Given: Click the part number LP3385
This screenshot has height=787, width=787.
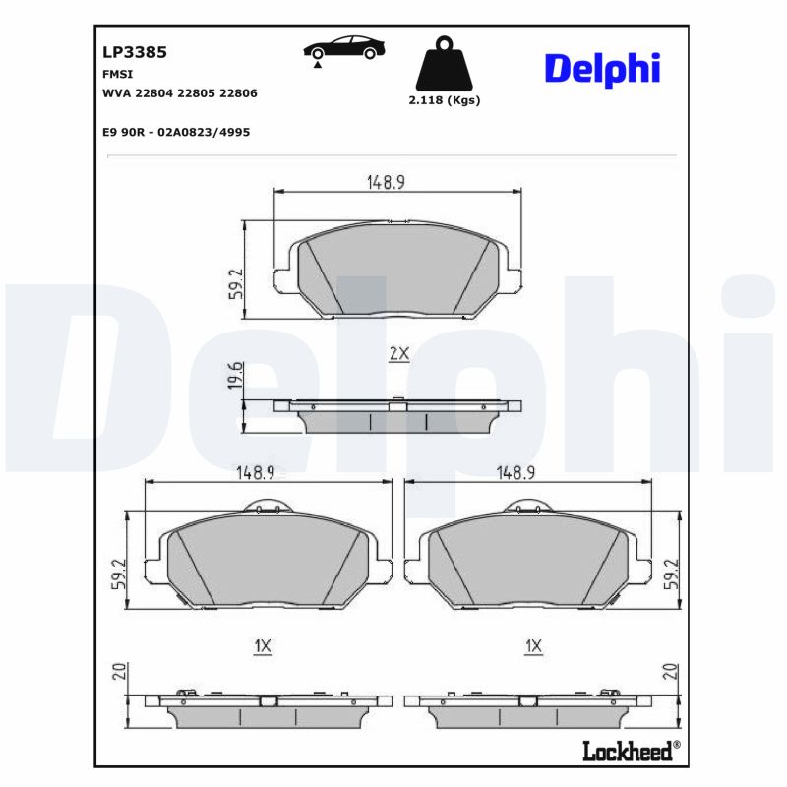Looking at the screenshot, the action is pyautogui.click(x=135, y=52).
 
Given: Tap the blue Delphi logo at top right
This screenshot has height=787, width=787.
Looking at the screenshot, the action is pyautogui.click(x=602, y=70).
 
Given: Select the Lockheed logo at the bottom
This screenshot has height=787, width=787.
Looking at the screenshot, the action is pyautogui.click(x=632, y=752).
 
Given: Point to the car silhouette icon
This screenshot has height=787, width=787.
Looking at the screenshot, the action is pyautogui.click(x=343, y=48).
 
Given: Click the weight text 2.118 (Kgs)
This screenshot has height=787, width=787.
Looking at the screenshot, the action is pyautogui.click(x=445, y=100).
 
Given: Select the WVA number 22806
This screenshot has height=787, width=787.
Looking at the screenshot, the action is pyautogui.click(x=238, y=93).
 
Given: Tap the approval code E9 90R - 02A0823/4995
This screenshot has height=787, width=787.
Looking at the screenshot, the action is pyautogui.click(x=176, y=132).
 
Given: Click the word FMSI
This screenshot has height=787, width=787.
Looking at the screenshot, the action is pyautogui.click(x=117, y=74).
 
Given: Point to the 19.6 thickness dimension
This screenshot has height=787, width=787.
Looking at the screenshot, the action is pyautogui.click(x=236, y=375).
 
